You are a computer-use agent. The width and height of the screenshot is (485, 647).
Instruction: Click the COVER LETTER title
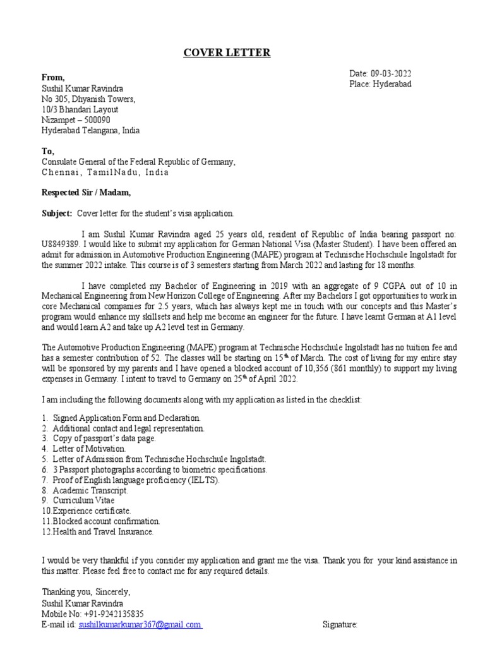[x=227, y=52]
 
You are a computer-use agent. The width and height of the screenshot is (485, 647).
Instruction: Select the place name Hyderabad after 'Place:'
[x=393, y=84]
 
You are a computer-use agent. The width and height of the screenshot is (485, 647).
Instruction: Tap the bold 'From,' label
[x=53, y=77]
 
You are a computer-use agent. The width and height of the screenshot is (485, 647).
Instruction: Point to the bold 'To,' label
[x=48, y=151]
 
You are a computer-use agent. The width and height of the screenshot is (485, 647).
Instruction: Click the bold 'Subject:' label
[x=57, y=214]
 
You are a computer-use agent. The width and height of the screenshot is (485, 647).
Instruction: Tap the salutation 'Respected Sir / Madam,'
[x=87, y=193]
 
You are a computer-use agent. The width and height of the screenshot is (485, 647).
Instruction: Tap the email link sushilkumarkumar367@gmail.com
[x=140, y=624]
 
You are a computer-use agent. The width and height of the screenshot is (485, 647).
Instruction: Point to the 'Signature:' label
[x=340, y=624]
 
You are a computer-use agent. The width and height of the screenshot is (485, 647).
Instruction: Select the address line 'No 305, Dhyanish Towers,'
[x=88, y=99]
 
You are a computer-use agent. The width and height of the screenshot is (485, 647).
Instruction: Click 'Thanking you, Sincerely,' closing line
[x=86, y=592]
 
